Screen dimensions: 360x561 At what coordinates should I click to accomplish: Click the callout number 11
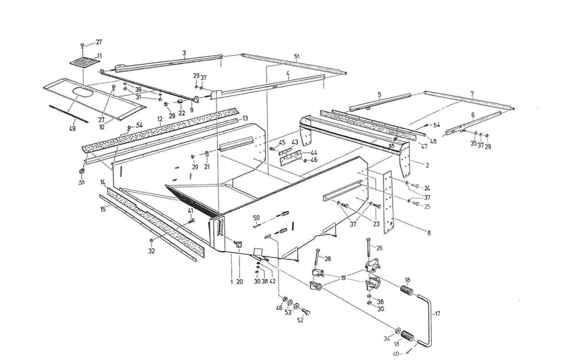99,56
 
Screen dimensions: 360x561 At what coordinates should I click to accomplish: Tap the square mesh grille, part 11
84,63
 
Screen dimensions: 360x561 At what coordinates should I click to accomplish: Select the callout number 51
297,57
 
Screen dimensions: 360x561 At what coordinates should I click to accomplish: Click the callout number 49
72,129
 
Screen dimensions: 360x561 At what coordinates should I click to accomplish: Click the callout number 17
438,314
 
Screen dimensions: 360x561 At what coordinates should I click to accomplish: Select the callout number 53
288,313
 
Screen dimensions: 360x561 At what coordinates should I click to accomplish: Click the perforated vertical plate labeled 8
389,203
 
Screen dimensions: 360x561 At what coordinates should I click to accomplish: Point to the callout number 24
427,188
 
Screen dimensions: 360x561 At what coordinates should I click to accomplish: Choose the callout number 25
427,206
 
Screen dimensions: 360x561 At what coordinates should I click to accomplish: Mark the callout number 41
191,211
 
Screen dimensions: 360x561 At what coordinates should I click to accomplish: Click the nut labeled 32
151,241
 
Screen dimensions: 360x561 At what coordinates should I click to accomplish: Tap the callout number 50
256,217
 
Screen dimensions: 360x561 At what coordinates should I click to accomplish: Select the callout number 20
239,281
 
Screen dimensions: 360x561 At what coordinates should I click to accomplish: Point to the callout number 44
314,153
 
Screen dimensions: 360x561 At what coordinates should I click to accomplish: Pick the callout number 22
182,113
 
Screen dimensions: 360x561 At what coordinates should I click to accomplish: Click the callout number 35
473,143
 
